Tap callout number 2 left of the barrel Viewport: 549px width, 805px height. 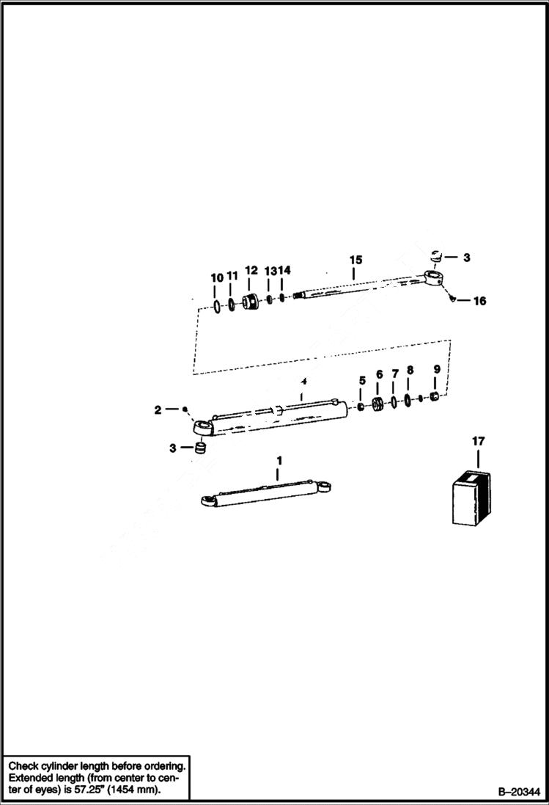158,410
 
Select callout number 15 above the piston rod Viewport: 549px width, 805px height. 355,260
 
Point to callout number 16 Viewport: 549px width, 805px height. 479,301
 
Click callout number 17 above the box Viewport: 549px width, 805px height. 478,441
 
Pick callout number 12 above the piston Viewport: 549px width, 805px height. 251,269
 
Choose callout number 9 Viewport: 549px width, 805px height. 437,369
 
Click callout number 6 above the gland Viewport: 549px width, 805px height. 379,374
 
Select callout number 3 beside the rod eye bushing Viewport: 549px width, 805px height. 467,258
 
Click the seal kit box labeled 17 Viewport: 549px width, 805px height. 474,500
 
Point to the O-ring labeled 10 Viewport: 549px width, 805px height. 218,305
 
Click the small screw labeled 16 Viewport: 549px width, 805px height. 452,298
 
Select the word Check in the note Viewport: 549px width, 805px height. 25,764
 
